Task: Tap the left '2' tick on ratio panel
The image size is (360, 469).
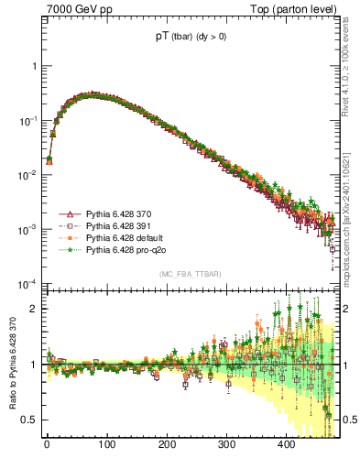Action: click(x=34, y=309)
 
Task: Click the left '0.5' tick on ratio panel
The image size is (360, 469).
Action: click(x=30, y=420)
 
